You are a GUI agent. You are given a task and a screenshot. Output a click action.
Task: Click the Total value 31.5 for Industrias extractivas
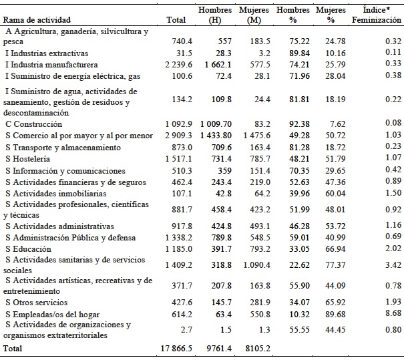click(x=182, y=53)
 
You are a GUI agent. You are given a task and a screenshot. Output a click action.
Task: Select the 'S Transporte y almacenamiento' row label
click(x=55, y=148)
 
